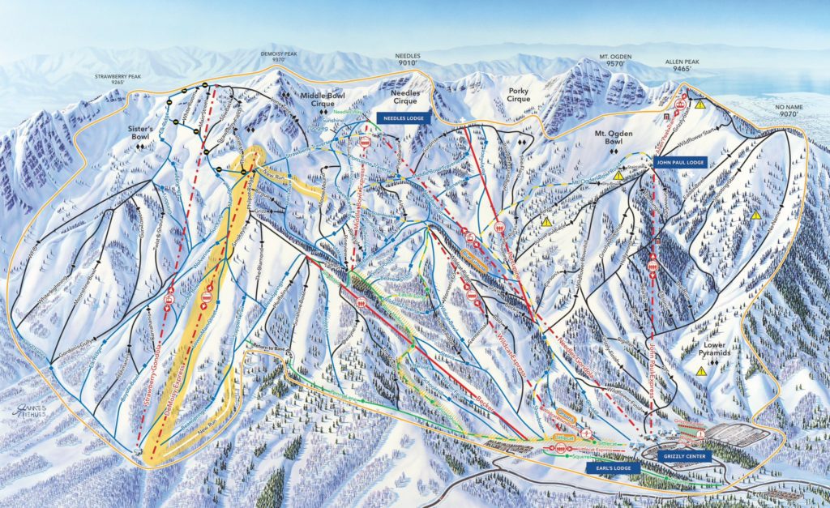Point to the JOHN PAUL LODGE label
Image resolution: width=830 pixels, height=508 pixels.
[678, 162]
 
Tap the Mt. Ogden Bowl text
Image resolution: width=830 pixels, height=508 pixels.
[614, 140]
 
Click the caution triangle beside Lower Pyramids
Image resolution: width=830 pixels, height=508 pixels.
[701, 370]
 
